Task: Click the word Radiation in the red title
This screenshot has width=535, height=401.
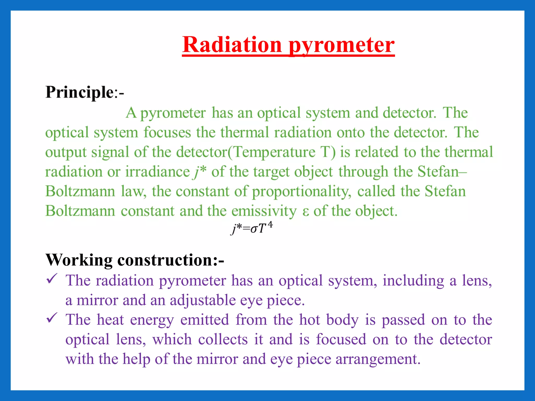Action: pos(232,45)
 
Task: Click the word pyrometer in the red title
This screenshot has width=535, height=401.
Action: pos(342,46)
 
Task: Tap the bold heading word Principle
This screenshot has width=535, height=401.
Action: pos(79,92)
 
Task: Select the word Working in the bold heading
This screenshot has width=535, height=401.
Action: pos(79,260)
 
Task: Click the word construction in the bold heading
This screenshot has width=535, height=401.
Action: pos(165,260)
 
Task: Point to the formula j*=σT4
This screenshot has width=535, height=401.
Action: pos(251,228)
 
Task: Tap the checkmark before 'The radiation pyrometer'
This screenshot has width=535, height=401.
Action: pos(51,279)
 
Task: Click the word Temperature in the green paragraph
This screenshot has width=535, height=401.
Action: pos(274,152)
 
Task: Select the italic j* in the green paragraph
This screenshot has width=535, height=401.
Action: pos(200,172)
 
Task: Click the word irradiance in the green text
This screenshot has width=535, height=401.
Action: pos(157,172)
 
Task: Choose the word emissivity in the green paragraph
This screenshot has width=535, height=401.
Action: pos(264,211)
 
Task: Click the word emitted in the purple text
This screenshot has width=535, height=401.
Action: pos(205,320)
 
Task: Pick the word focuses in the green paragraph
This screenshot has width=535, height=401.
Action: pos(167,133)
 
